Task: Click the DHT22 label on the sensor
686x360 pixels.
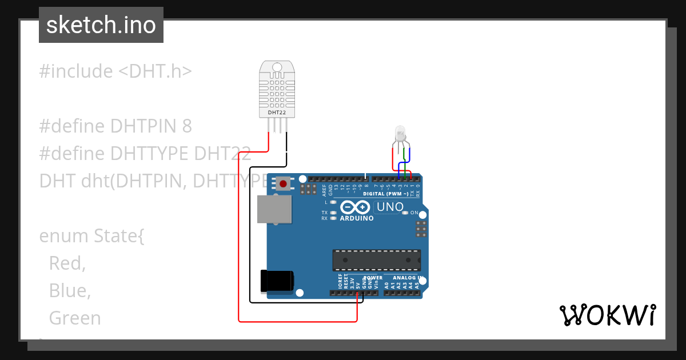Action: pyautogui.click(x=277, y=113)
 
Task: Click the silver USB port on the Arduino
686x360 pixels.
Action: pyautogui.click(x=273, y=209)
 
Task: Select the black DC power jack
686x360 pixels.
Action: pyautogui.click(x=277, y=280)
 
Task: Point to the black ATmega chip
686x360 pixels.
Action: pyautogui.click(x=377, y=260)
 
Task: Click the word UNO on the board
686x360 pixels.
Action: pyautogui.click(x=390, y=207)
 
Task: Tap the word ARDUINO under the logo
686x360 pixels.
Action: pyautogui.click(x=357, y=218)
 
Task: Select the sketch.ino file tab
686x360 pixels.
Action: pyautogui.click(x=101, y=25)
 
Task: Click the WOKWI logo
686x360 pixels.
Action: pyautogui.click(x=607, y=315)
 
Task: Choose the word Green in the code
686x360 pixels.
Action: pyautogui.click(x=75, y=318)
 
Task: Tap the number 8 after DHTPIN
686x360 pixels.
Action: pyautogui.click(x=187, y=126)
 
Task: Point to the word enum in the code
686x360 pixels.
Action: pyautogui.click(x=63, y=235)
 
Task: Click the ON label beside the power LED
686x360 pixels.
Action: pyautogui.click(x=414, y=213)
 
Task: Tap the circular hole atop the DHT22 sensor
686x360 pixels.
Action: pyautogui.click(x=277, y=67)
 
